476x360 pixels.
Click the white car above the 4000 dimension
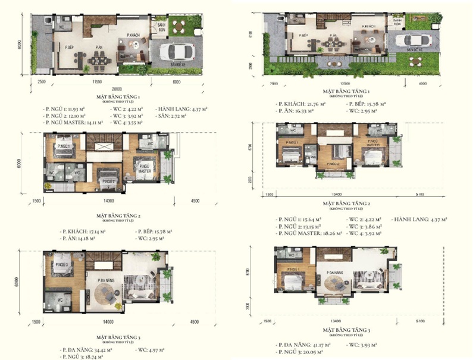(410, 40)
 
